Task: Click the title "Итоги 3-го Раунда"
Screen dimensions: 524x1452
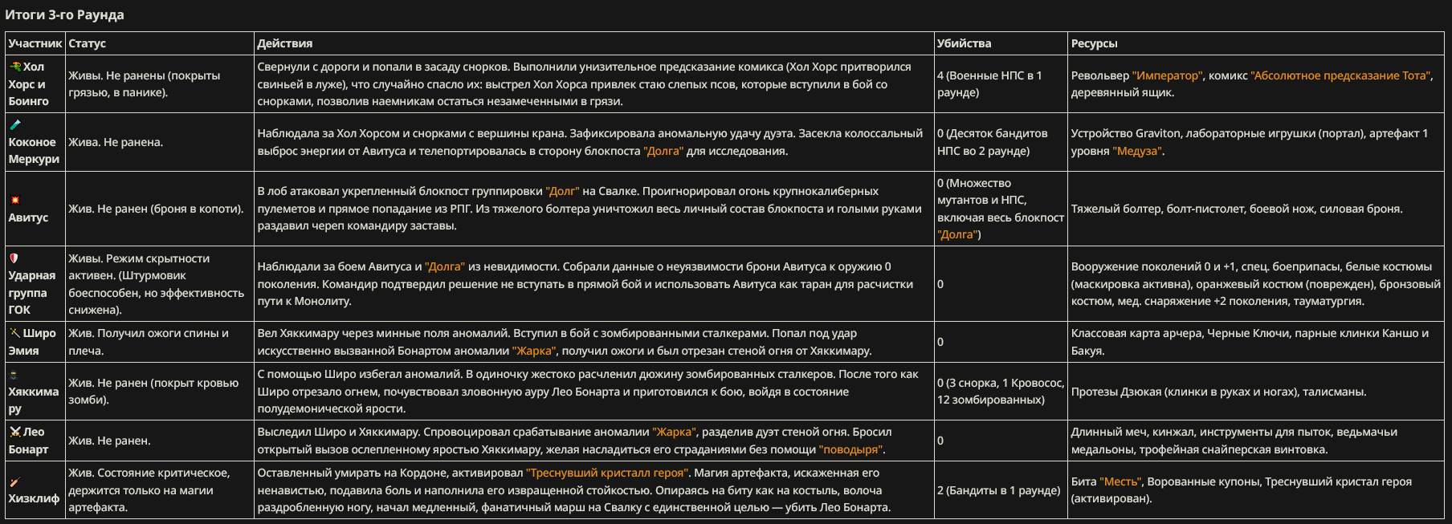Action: [x=64, y=14]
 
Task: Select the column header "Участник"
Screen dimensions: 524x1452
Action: [x=35, y=43]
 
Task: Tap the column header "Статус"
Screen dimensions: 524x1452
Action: [x=87, y=43]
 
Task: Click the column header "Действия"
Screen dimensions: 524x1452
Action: [x=284, y=43]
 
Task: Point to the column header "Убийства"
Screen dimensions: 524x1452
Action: [x=964, y=43]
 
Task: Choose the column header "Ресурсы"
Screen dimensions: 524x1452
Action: [x=1094, y=43]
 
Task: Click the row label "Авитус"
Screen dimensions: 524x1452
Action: [x=28, y=217]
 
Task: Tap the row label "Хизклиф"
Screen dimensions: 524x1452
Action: [x=34, y=498]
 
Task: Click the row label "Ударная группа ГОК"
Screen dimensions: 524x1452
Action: [x=32, y=292]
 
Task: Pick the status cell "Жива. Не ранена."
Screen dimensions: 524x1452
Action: [x=116, y=142]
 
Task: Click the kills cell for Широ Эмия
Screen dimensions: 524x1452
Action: [x=940, y=342]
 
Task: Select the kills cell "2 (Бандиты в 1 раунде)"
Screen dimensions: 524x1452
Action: [x=998, y=490]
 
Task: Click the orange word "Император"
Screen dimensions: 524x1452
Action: [x=1167, y=75]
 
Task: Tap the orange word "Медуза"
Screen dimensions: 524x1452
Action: [x=1137, y=151]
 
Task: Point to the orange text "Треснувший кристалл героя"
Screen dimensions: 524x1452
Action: [x=608, y=473]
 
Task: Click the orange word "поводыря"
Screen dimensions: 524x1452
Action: [x=851, y=449]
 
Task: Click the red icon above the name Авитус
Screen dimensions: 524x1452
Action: [x=14, y=200]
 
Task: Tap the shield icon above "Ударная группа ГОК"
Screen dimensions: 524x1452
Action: [x=14, y=258]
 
